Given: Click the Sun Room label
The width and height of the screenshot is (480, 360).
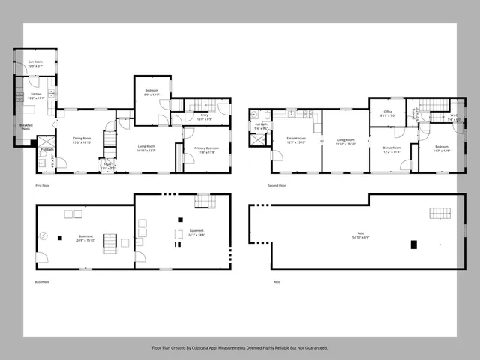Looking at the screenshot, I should (x=35, y=64).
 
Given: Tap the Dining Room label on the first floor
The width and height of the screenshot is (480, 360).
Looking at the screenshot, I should (x=82, y=139).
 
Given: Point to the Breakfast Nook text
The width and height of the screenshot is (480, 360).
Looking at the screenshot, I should (x=26, y=128).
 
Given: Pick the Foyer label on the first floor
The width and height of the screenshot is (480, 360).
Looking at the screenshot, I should (x=108, y=166).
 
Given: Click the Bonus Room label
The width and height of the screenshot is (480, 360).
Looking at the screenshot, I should (x=391, y=149).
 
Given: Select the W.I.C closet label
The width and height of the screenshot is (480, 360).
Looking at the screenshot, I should (x=454, y=118).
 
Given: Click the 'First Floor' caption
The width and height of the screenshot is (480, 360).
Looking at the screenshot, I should (x=43, y=184).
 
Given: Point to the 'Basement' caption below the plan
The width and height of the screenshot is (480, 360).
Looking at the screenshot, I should (x=42, y=282).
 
